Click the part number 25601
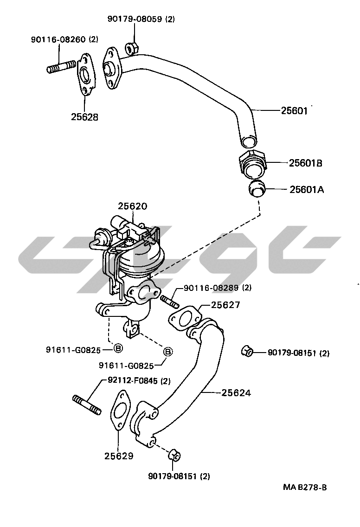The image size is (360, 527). point(294,111)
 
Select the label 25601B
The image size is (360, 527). point(305,163)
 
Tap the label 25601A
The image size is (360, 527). point(307,189)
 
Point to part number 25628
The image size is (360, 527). point(84,117)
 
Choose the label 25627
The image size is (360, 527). point(225,305)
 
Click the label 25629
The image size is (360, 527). point(119,456)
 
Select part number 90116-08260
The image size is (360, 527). point(58,40)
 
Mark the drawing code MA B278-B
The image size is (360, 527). point(305,488)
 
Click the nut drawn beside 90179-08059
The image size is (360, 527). point(131,46)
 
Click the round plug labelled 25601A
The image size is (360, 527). point(256,189)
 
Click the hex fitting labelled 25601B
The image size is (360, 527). point(253,165)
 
